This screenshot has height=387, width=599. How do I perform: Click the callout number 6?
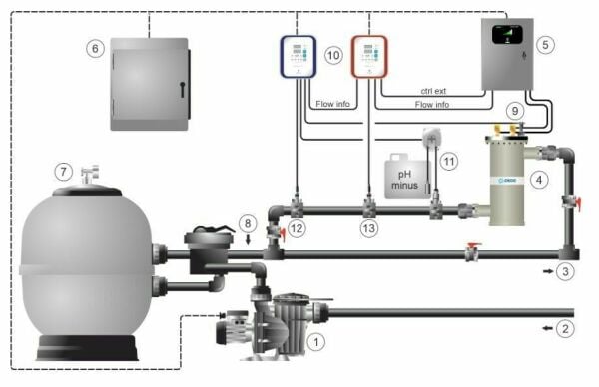click(x=94, y=48)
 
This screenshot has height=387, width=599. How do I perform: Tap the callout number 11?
click(x=449, y=160)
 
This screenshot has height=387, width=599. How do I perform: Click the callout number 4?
click(x=539, y=181)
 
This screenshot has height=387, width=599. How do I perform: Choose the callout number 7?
click(x=64, y=172)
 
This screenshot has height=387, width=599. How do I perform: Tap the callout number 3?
click(x=566, y=270)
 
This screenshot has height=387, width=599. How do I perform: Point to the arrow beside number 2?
click(x=544, y=326)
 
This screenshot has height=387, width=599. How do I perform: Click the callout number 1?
click(x=317, y=342)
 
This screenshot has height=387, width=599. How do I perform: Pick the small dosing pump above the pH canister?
click(x=431, y=137)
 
